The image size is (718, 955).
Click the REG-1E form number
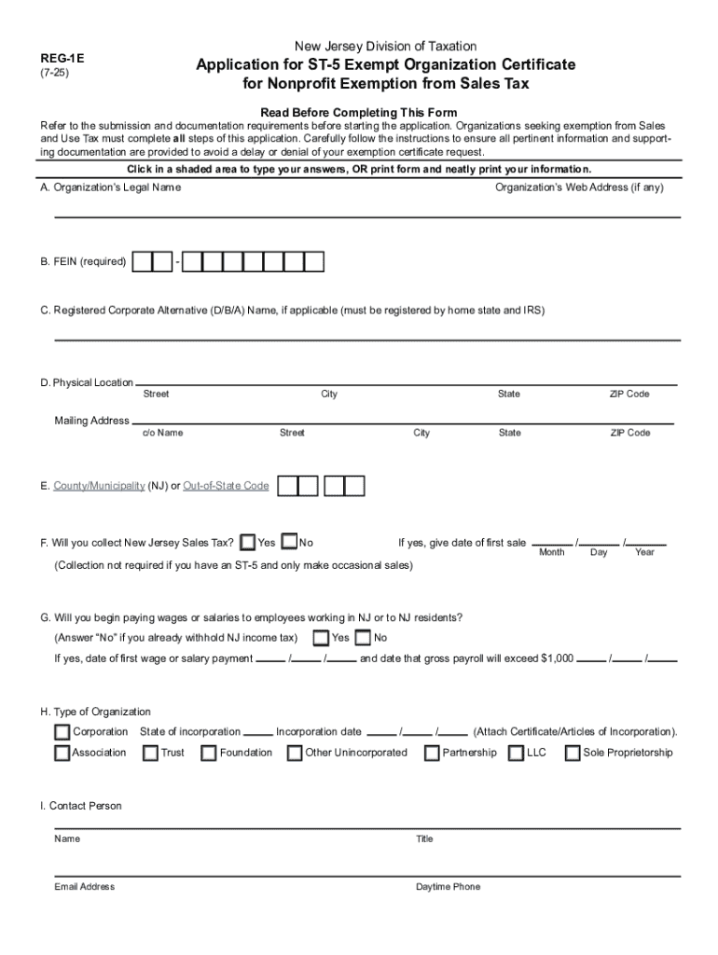point(55,57)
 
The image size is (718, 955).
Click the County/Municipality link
point(99,486)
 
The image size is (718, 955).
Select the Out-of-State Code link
point(226,486)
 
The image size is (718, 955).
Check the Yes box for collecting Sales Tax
point(248,543)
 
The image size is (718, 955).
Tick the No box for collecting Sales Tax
point(289,543)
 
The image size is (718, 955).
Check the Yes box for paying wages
point(321,638)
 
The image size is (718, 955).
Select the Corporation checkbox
point(62,732)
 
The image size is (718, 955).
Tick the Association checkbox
point(62,754)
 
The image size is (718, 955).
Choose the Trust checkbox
point(150,754)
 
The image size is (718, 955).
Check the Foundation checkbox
point(209,754)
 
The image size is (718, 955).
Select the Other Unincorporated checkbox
point(295,754)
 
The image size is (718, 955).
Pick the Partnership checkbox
point(432,754)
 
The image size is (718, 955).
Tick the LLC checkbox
point(516,754)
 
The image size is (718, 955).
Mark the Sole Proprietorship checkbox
point(573,754)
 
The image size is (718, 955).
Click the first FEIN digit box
point(142,262)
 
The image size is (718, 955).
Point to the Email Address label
point(85,887)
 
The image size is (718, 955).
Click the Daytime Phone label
point(448,887)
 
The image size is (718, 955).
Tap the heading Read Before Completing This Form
point(358,112)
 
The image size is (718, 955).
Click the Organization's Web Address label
point(579,187)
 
